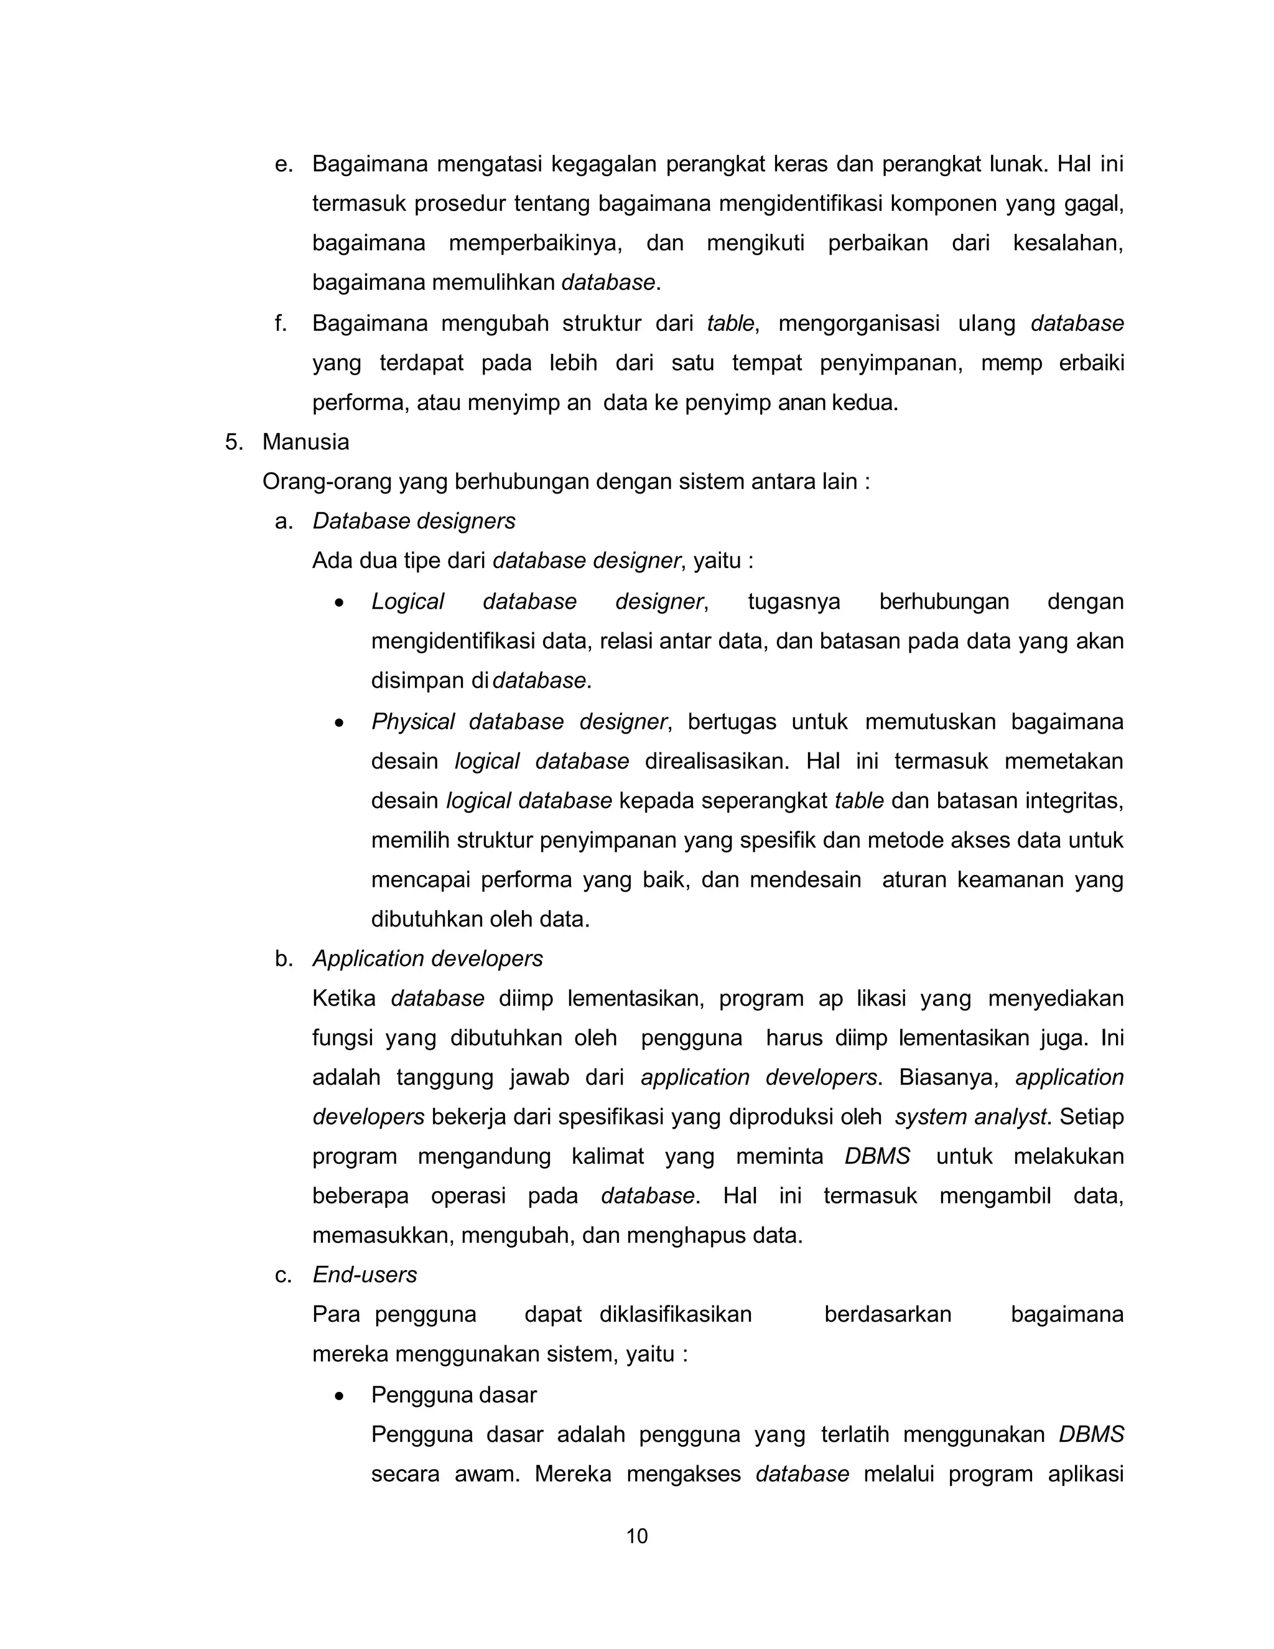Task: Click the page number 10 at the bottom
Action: (636, 1536)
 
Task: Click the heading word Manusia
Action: (305, 442)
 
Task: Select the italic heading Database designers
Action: (414, 521)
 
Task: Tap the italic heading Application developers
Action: (427, 958)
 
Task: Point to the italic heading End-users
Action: (365, 1274)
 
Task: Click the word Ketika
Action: (343, 998)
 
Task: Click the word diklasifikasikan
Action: (675, 1314)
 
